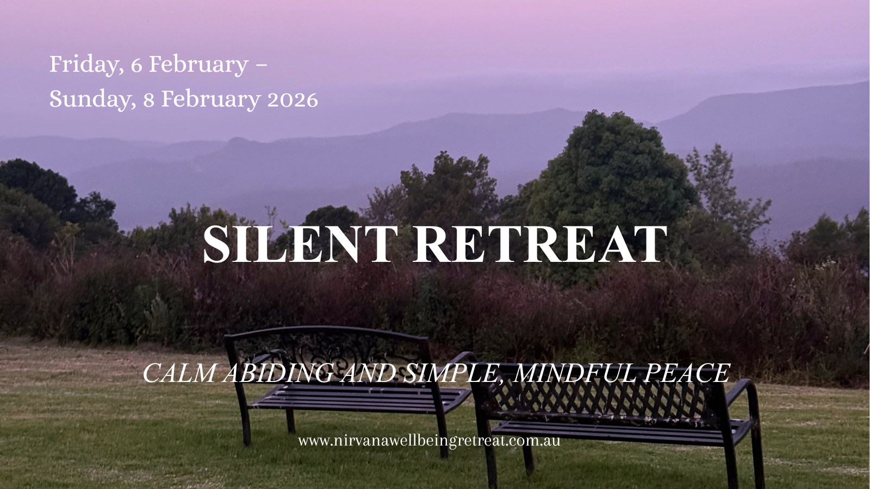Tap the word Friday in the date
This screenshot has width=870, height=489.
[86, 65]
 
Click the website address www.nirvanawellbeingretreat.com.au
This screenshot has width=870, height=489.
[429, 441]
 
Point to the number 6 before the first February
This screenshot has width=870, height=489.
[136, 65]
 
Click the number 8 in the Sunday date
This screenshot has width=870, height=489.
[149, 100]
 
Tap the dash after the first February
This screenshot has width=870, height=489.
[262, 65]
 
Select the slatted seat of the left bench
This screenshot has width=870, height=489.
[359, 398]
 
